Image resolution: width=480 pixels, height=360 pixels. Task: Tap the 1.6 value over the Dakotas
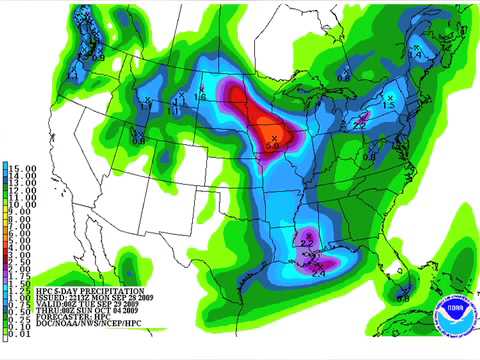[202, 96]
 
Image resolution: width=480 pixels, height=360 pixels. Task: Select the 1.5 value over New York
[388, 104]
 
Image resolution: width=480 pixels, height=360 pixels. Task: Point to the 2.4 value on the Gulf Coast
[319, 272]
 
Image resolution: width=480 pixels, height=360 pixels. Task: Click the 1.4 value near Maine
[409, 55]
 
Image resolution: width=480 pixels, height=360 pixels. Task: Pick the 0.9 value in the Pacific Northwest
[98, 58]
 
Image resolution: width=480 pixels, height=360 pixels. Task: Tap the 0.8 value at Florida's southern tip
[403, 298]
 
